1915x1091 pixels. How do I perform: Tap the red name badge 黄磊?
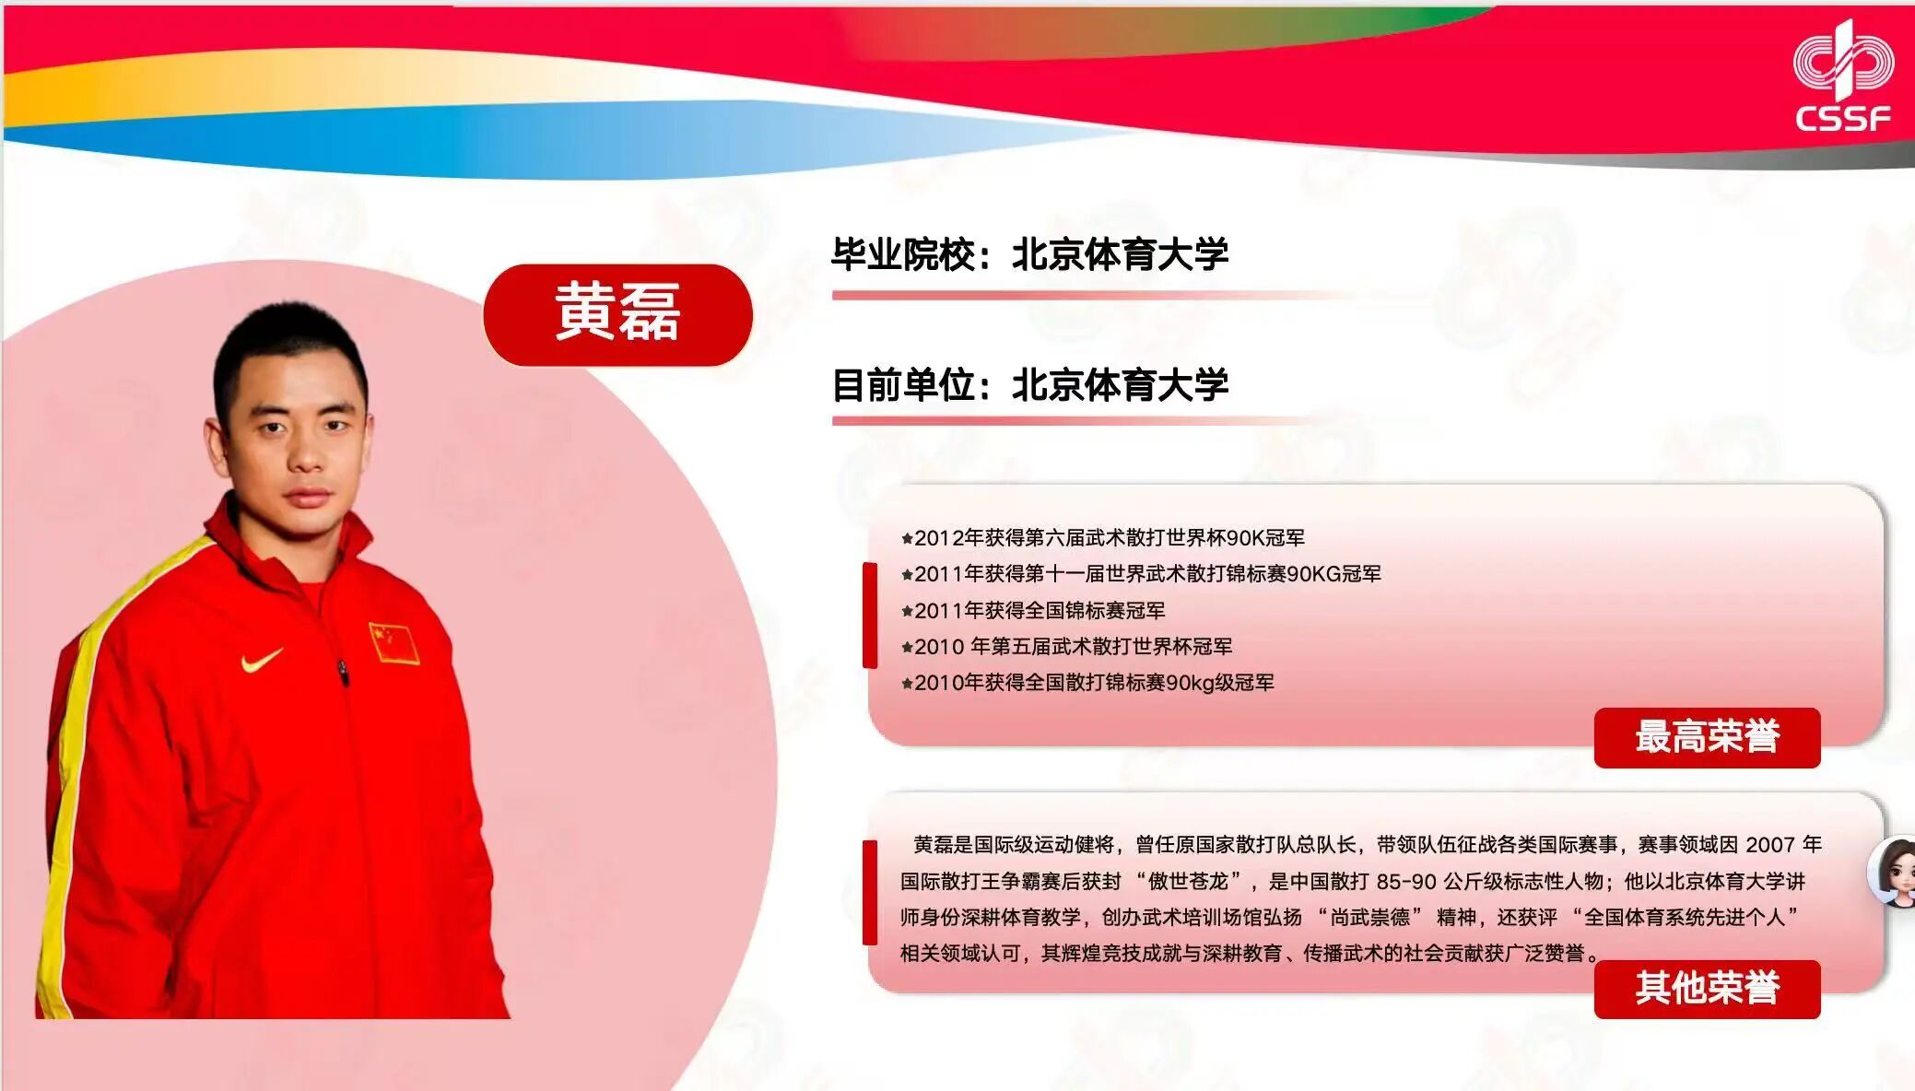tap(617, 314)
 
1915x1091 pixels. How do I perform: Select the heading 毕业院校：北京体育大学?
tap(1029, 255)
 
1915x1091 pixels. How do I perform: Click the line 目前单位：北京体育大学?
tap(1029, 385)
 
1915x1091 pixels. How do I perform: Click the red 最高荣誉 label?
tap(1707, 737)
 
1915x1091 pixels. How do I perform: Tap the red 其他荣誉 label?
tap(1707, 989)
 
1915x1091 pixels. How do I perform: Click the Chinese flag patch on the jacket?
tap(394, 643)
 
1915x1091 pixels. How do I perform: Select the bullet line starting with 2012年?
tap(1102, 538)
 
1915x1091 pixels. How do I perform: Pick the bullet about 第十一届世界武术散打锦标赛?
tap(1141, 574)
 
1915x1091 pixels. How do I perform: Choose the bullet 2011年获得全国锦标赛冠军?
tap(1033, 610)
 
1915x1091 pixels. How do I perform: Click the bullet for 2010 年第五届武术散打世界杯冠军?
tap(1066, 647)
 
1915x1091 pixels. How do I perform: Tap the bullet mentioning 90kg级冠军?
tap(1087, 683)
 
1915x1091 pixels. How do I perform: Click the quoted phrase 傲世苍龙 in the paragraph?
tap(1188, 882)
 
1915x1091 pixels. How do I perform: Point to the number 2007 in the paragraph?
tap(1769, 845)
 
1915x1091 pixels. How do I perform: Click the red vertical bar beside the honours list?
tap(869, 615)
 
